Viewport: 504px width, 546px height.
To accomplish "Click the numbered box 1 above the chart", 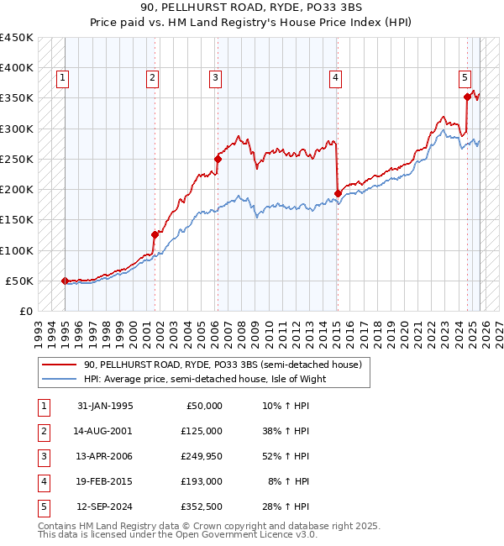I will [x=63, y=78].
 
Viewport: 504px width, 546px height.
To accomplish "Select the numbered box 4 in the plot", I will [x=335, y=78].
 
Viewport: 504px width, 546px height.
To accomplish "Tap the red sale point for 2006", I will [x=218, y=159].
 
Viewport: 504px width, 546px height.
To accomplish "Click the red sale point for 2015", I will [x=338, y=193].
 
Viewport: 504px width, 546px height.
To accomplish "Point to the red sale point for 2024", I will [x=467, y=97].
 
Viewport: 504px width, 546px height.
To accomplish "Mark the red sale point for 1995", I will [x=66, y=281].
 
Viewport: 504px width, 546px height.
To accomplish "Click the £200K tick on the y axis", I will [x=17, y=189].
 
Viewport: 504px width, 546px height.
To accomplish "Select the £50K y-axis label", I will [x=20, y=281].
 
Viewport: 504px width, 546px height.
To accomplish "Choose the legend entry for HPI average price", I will [x=204, y=378].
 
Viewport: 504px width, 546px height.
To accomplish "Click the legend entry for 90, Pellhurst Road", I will [x=223, y=365].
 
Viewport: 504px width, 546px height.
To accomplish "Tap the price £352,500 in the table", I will [x=201, y=506].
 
